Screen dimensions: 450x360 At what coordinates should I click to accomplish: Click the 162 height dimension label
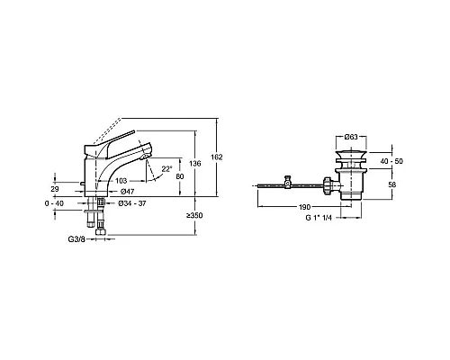[217, 157]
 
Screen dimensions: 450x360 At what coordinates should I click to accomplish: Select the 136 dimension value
[195, 164]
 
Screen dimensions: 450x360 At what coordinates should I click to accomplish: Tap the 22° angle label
[167, 169]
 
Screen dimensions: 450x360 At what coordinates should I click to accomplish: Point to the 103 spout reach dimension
[121, 181]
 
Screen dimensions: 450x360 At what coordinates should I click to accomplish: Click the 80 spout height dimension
[180, 176]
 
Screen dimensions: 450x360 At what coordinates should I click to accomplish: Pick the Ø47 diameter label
[127, 192]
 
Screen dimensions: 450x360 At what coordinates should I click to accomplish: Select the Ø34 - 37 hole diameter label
[132, 203]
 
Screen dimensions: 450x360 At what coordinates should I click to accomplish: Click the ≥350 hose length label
[194, 215]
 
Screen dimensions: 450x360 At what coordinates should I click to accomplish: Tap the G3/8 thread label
[76, 239]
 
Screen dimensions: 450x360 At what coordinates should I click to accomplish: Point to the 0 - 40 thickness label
[54, 203]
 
